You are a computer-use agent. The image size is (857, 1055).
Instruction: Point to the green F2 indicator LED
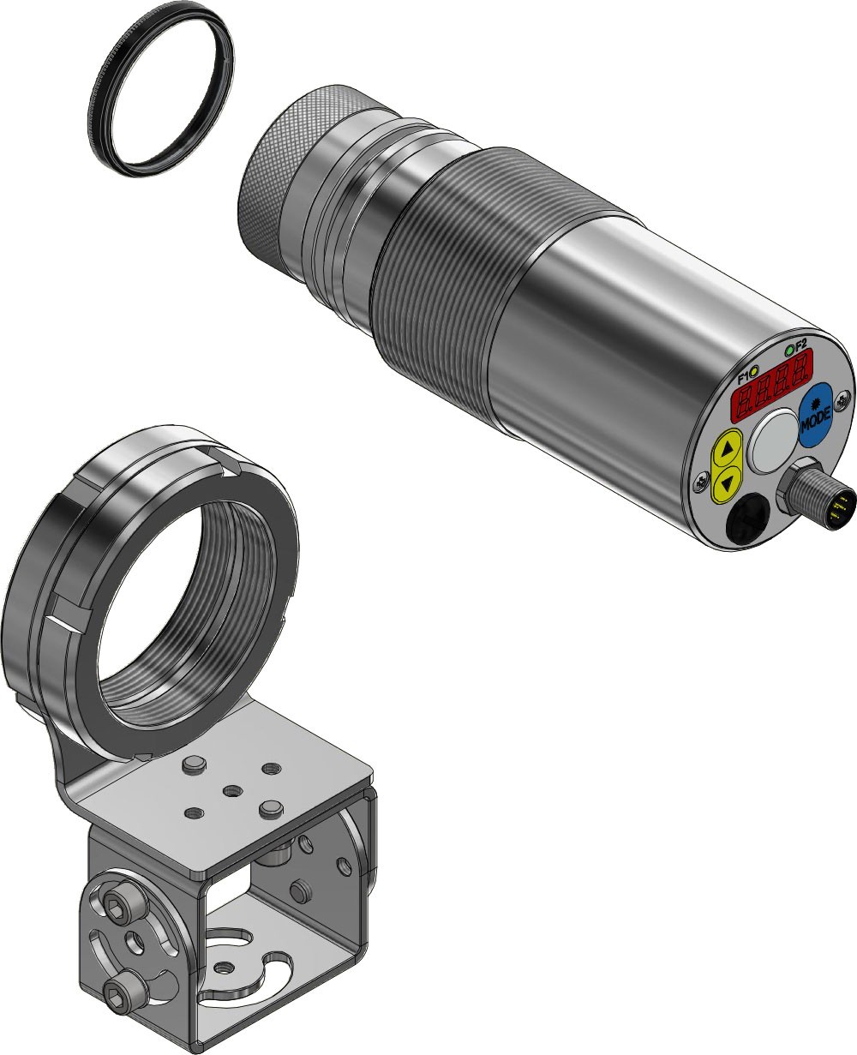(789, 351)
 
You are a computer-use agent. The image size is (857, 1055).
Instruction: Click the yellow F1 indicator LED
(755, 369)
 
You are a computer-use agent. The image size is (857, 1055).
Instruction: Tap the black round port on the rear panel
(747, 519)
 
